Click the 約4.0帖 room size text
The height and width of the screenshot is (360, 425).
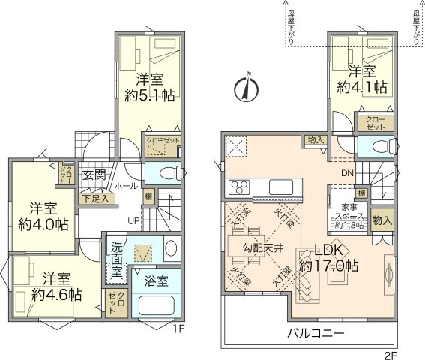click(44, 223)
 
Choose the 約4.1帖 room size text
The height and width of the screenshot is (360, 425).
click(362, 88)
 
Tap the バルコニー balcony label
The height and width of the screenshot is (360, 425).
click(313, 333)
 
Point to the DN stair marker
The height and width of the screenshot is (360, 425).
click(348, 175)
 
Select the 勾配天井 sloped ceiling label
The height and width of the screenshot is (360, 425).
click(262, 246)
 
